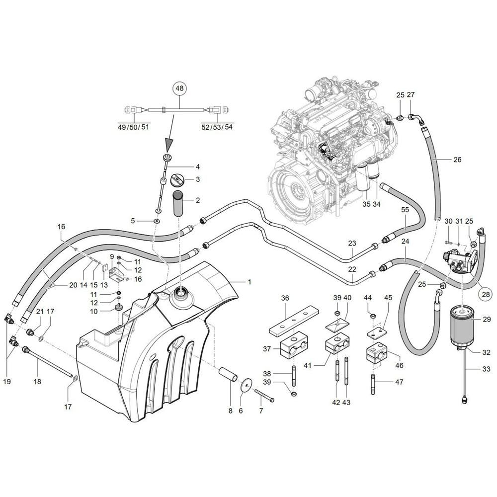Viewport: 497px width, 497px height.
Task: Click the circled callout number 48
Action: [x=180, y=88]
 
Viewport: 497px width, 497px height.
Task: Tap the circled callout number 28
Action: [x=486, y=294]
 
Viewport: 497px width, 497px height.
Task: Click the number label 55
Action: [x=405, y=210]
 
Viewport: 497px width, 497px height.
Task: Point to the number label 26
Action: [x=457, y=160]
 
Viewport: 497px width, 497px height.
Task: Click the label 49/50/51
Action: [x=133, y=127]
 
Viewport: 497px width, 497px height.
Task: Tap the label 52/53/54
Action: [x=217, y=127]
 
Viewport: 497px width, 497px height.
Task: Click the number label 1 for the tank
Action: [x=249, y=281]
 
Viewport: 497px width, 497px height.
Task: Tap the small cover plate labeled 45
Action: [x=376, y=333]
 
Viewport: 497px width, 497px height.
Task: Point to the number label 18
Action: [x=37, y=382]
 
